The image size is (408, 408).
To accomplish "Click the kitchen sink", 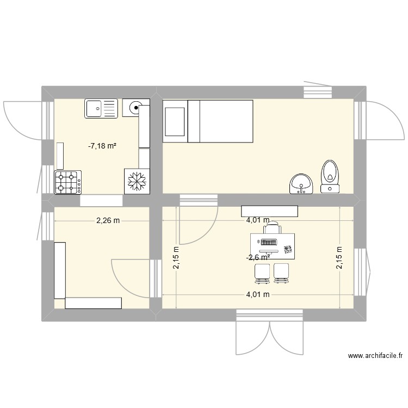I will (x=101, y=108).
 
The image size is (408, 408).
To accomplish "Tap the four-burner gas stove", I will (x=68, y=182).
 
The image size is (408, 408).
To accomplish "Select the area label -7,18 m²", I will (x=103, y=146).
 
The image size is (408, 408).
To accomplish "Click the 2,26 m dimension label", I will (x=108, y=220).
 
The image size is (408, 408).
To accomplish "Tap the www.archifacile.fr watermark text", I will (x=375, y=356).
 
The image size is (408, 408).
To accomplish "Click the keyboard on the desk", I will (x=269, y=242).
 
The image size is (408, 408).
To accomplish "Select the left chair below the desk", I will (x=262, y=273).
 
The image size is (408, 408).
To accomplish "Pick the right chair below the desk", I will (x=281, y=273).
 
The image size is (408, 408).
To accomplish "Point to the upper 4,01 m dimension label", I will (x=258, y=220).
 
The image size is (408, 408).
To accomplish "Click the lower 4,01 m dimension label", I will (x=258, y=294).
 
